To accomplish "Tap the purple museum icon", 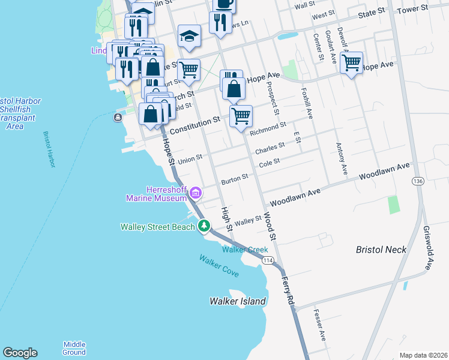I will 195,194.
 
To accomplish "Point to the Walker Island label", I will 238,301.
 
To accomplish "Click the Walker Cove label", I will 219,266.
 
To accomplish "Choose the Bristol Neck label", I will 381,250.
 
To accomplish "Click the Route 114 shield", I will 268,260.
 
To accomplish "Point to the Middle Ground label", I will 74,348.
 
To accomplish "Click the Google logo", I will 20,353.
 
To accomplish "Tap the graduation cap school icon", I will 189,35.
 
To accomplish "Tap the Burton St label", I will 234,179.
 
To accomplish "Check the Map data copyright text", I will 423,355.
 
